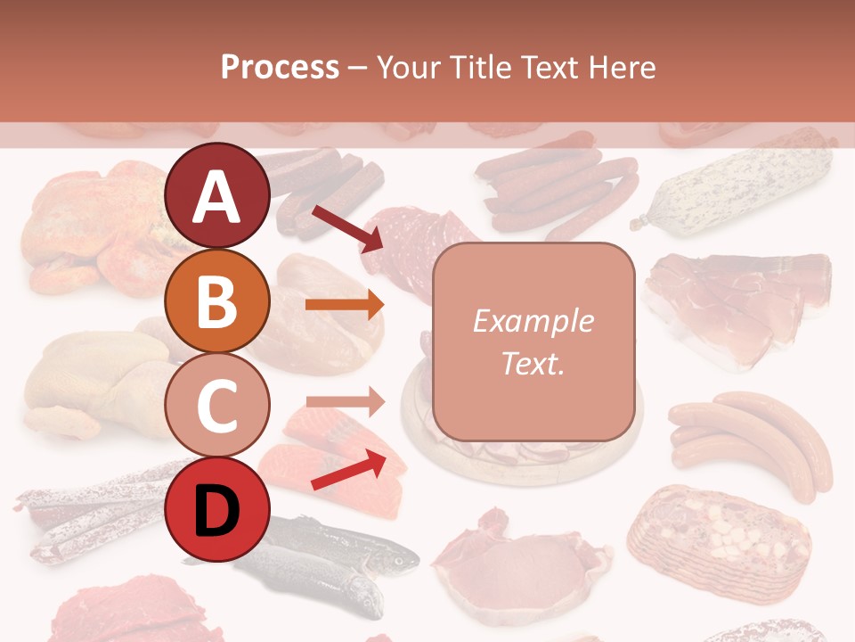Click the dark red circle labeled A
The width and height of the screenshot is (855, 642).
coord(217,196)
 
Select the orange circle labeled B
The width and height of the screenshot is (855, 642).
coord(217,301)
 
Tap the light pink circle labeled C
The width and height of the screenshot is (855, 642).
coord(217,406)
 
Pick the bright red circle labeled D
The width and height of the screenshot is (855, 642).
coord(217,510)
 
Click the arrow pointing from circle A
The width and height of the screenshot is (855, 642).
coord(346,227)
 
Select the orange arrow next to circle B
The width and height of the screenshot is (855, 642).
coord(345,305)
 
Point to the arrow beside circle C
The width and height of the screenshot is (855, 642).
coord(345,402)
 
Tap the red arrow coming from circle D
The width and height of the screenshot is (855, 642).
coord(348,470)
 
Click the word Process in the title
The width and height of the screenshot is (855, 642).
coord(280,67)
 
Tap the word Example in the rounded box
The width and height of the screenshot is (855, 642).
coord(533,321)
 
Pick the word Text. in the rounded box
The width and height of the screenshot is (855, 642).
coord(533,363)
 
